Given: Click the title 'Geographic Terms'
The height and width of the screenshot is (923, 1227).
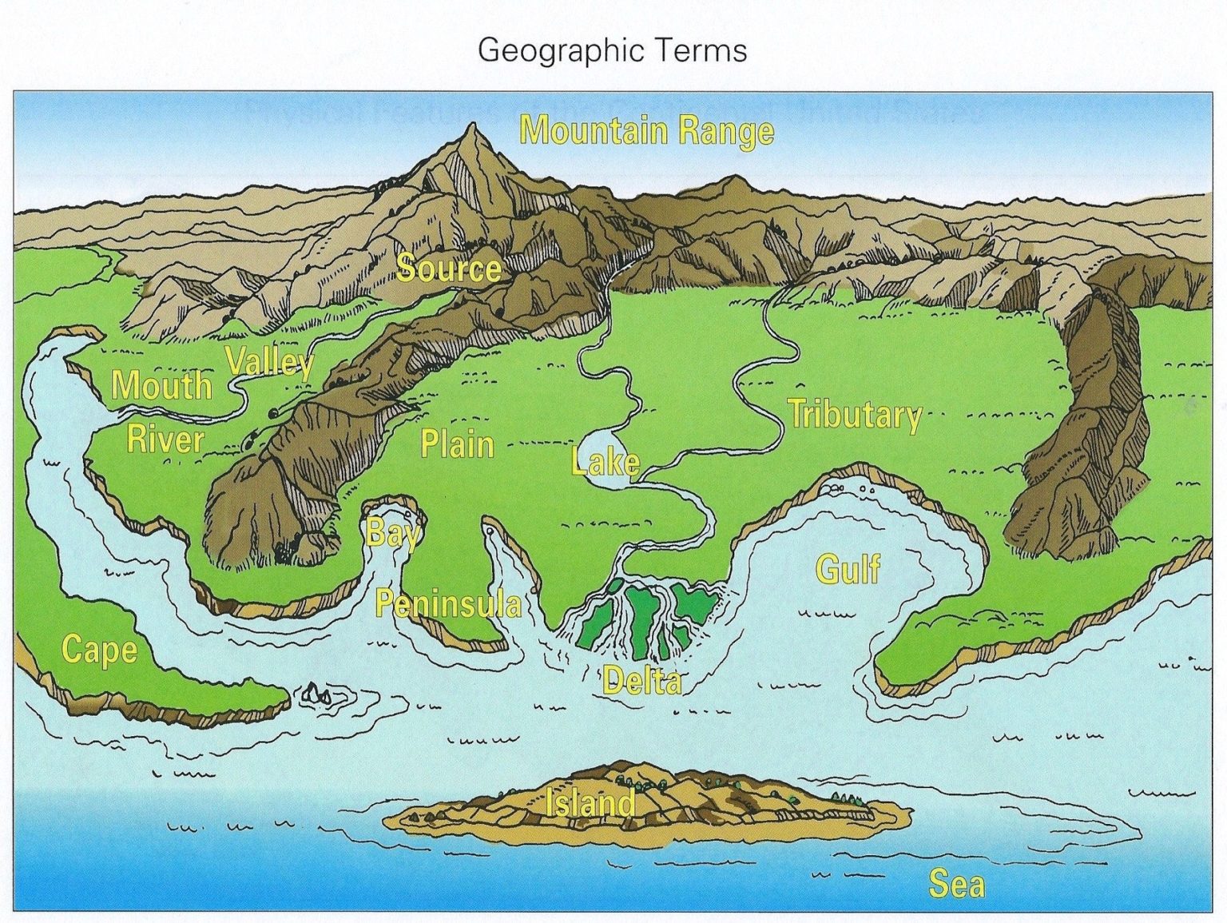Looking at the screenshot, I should (612, 50).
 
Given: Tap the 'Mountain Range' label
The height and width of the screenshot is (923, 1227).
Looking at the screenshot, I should (646, 130).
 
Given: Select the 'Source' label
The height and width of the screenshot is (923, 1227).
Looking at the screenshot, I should (448, 268).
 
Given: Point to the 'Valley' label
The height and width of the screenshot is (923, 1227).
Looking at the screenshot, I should (270, 361).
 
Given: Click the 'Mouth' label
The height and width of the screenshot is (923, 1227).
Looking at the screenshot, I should (161, 385).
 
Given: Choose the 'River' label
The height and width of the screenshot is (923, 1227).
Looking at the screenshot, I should (165, 440).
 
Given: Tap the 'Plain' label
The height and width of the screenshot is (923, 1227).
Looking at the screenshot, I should (457, 444).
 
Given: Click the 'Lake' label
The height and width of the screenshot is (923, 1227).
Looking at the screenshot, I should (606, 462).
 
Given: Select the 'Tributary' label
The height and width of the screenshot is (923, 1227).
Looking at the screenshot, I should (855, 415).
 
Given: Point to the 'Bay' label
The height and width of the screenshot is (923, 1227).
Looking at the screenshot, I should (391, 532).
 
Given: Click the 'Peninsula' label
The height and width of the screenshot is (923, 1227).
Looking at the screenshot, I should (448, 604).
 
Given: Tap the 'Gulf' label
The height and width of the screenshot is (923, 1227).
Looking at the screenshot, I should (848, 569).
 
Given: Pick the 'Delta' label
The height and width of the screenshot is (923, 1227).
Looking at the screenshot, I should (642, 681).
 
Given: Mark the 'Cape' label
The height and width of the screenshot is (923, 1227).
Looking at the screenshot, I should (99, 649).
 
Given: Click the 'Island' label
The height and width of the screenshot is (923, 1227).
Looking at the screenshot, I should (591, 802).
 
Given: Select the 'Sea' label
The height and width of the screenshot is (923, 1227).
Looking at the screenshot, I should (956, 884).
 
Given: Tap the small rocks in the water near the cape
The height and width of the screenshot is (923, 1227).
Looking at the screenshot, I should (317, 695).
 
